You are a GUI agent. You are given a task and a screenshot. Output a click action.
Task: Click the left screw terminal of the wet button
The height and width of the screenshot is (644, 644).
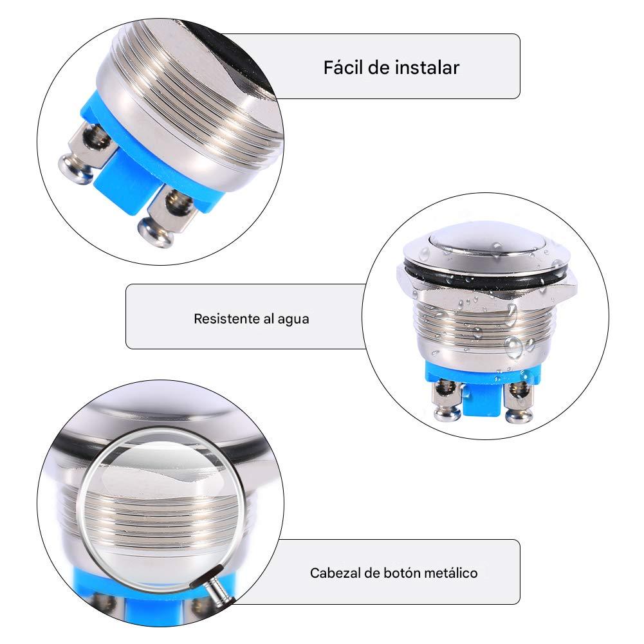coord(445,399)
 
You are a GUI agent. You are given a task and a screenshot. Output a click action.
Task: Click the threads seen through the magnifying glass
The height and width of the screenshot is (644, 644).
coord(161,515)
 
